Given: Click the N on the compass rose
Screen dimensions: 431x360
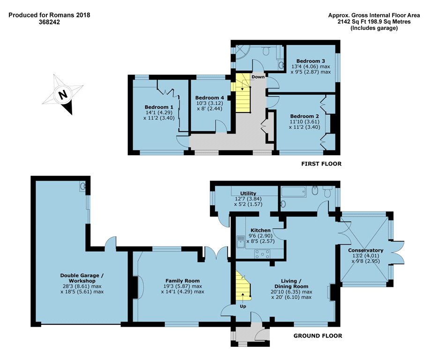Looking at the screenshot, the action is (63, 95).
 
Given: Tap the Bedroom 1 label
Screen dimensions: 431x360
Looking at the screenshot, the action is (159, 107).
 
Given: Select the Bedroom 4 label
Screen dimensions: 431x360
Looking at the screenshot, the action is (209, 97).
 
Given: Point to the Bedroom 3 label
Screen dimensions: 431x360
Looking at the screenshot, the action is (311, 61).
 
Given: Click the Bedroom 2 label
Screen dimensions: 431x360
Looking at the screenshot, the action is (305, 116).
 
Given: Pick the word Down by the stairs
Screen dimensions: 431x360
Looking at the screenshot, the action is (258, 77).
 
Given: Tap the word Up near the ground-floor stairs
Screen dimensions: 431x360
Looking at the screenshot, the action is (243, 307).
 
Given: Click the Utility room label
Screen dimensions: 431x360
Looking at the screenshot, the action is (248, 193).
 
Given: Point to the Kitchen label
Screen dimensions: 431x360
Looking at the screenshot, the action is (260, 230).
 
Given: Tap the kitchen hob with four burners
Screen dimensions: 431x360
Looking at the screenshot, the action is (262, 254).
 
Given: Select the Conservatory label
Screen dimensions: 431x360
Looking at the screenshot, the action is (365, 250).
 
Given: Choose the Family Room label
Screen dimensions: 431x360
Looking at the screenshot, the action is (182, 281).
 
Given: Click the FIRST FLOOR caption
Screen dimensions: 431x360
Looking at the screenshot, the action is (321, 164).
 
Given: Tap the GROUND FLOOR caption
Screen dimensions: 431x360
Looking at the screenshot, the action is (318, 336).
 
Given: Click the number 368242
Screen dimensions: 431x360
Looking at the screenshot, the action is (49, 22).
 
